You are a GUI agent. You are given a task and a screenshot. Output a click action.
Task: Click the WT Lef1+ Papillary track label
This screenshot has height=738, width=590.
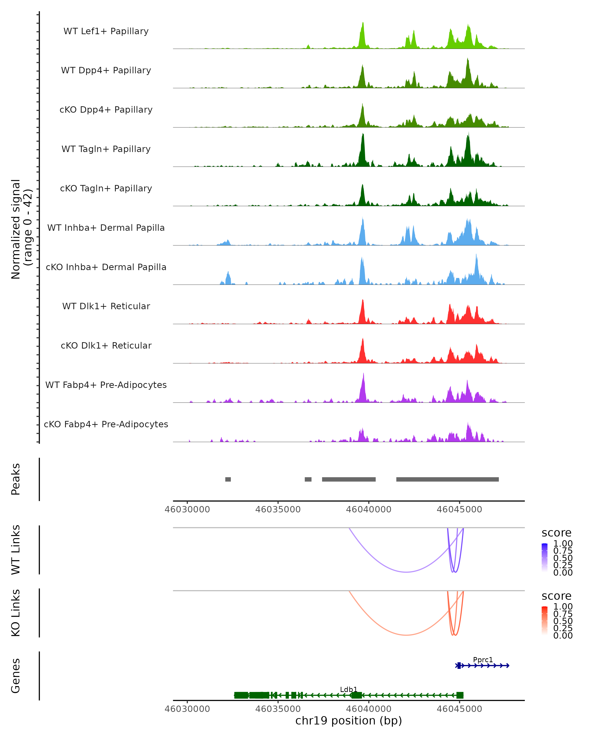coord(106,31)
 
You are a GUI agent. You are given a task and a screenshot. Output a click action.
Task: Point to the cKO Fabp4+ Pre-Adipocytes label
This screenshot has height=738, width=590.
coord(106,424)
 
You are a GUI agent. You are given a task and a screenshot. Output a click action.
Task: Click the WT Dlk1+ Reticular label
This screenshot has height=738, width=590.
coord(106,306)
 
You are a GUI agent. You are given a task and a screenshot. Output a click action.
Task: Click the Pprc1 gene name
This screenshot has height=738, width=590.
coord(483,660)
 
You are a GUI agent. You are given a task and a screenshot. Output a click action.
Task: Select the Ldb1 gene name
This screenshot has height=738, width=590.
coord(349,689)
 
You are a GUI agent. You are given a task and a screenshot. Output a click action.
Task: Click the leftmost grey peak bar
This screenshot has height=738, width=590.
coord(228,479)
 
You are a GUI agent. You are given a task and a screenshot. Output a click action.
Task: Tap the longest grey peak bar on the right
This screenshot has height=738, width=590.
coord(447,479)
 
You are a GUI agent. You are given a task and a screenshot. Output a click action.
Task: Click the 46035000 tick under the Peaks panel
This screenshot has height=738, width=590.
coord(278,509)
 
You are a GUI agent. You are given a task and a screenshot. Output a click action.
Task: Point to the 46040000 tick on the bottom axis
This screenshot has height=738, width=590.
coord(368,708)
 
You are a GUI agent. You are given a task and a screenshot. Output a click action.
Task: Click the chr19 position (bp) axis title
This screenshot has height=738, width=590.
coord(349,721)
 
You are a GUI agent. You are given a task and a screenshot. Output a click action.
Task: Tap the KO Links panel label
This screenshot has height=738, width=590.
coord(16,613)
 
